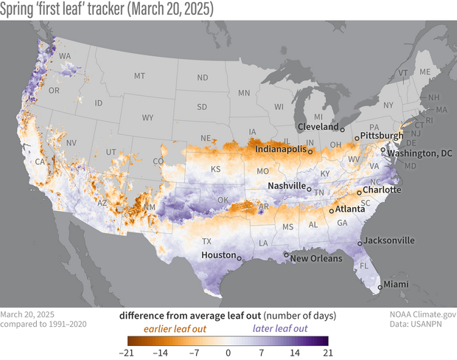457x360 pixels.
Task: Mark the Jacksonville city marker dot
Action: click(359, 243)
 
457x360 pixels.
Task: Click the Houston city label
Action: click(217, 255)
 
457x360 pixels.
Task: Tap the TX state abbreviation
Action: click(207, 241)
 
